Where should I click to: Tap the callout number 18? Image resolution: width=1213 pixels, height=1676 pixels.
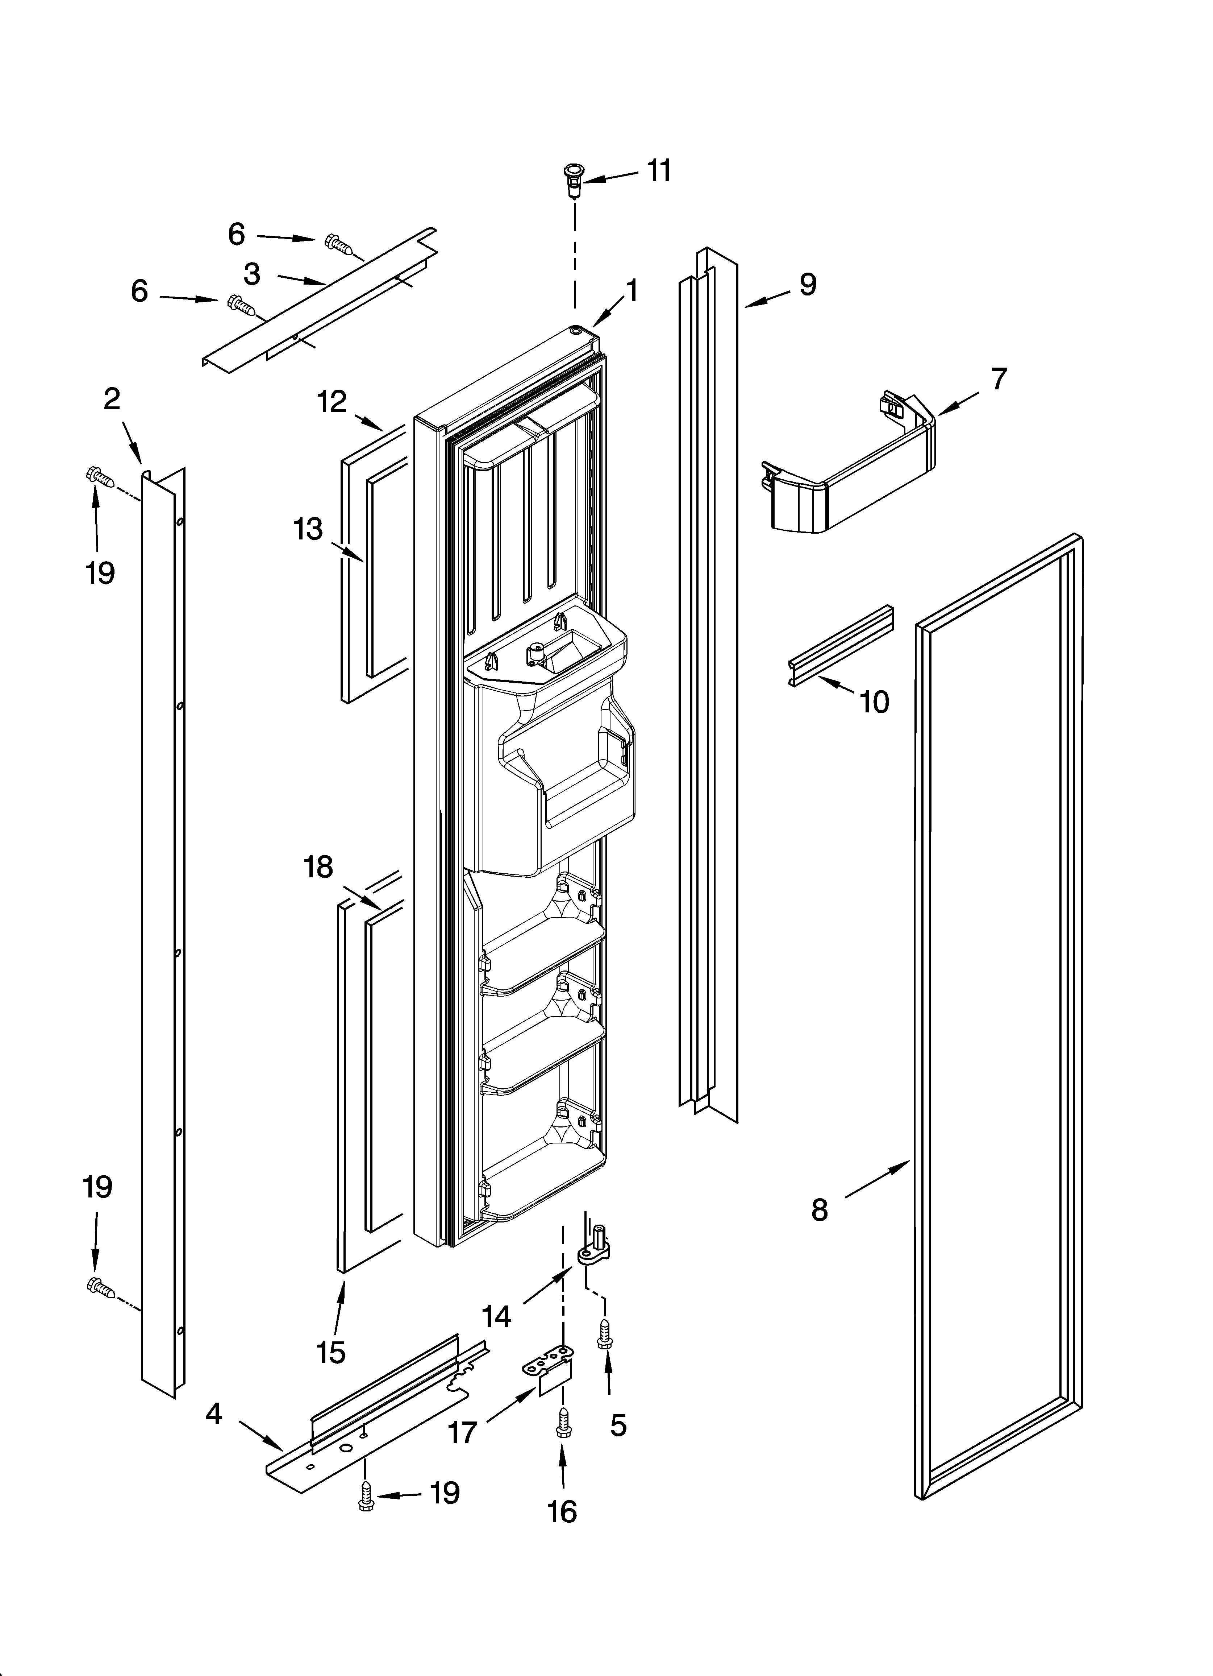tap(318, 867)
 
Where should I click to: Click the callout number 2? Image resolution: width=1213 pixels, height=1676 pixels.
tap(111, 400)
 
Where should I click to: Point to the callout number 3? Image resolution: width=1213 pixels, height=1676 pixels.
tap(252, 274)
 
